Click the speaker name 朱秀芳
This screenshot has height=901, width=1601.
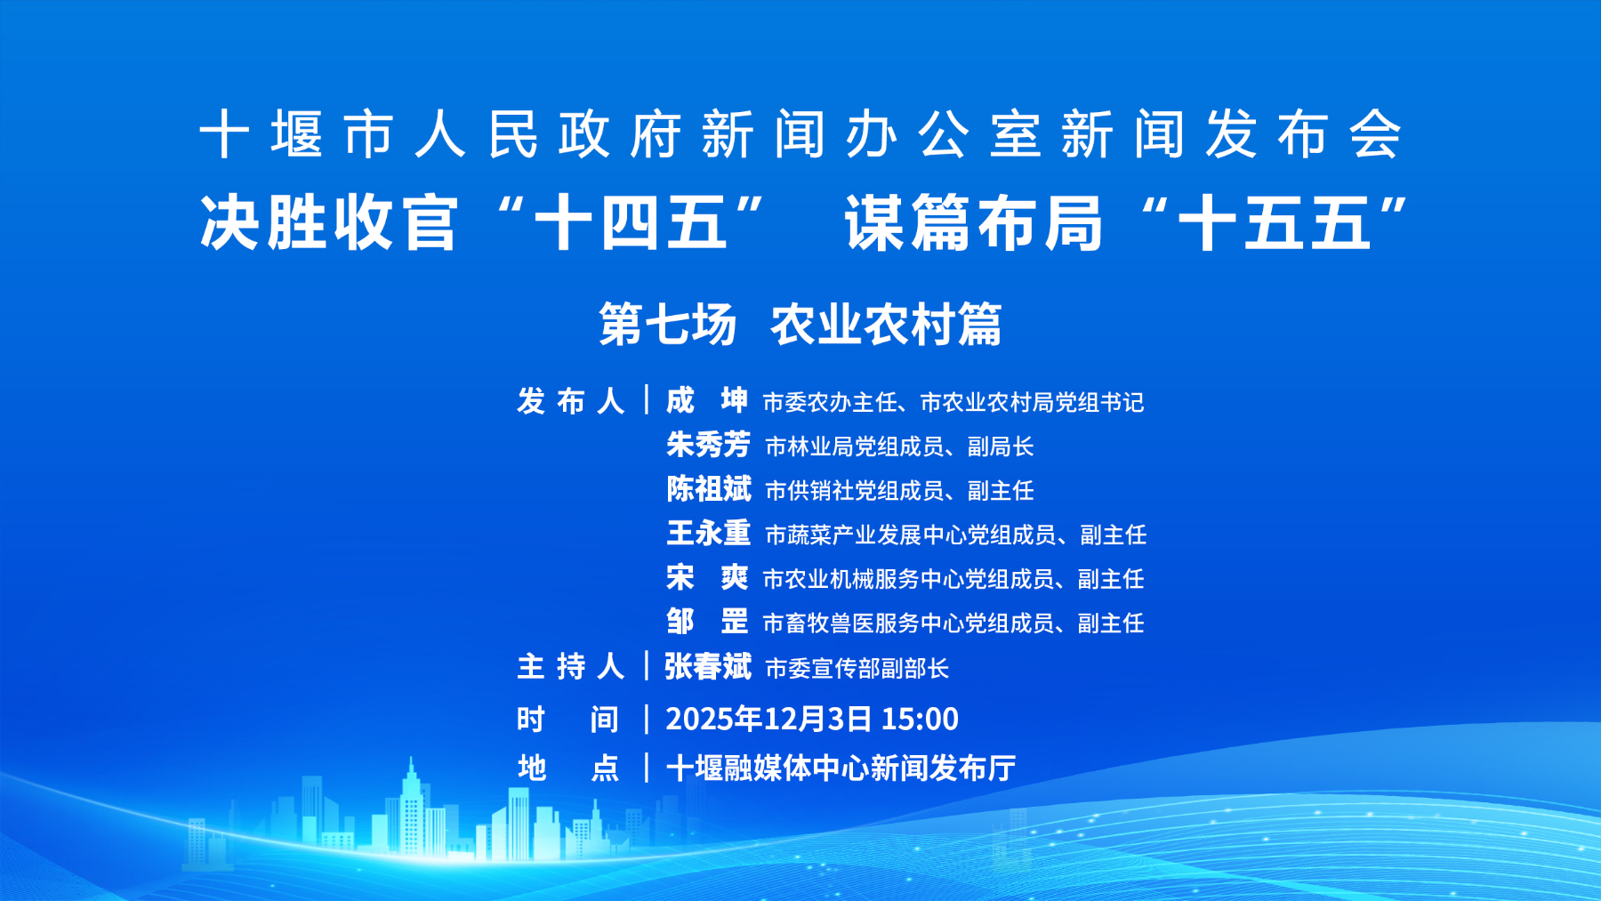click(x=708, y=445)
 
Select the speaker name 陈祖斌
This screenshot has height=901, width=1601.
click(x=708, y=489)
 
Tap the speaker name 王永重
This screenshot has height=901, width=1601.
click(x=708, y=534)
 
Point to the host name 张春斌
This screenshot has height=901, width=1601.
click(x=708, y=666)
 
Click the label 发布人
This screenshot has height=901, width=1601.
click(x=571, y=401)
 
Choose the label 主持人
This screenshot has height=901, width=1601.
click(x=571, y=666)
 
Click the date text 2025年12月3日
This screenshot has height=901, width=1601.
click(x=768, y=719)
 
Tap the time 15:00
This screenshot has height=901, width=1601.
click(x=920, y=719)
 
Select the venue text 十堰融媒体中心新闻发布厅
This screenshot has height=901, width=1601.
click(x=841, y=768)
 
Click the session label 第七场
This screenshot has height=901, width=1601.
click(x=668, y=324)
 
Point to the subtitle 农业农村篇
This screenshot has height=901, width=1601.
click(x=887, y=324)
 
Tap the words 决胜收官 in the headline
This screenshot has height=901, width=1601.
click(x=328, y=222)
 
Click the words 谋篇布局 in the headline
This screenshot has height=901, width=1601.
click(x=974, y=222)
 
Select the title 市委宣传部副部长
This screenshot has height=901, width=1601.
click(x=857, y=668)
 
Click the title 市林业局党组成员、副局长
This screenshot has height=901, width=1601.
click(x=899, y=446)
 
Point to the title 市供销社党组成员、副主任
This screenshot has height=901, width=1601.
click(x=899, y=491)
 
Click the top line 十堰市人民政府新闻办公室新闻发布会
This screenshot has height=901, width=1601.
click(x=800, y=135)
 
